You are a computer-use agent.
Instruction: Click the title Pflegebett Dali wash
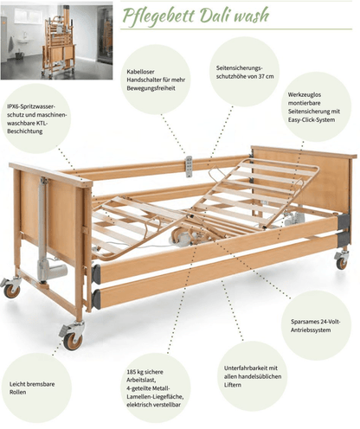[196, 16]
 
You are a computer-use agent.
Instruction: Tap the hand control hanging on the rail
[189, 167]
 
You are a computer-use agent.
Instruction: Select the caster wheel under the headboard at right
[342, 260]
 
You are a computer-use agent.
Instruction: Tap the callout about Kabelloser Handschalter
[156, 80]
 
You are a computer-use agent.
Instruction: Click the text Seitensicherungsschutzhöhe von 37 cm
[245, 72]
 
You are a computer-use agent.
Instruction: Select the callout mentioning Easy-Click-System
[314, 107]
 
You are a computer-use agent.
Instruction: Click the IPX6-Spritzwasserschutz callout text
[36, 118]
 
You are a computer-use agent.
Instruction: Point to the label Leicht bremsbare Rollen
[32, 388]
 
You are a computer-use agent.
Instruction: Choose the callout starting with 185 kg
[155, 388]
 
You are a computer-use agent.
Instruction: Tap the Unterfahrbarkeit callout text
[253, 376]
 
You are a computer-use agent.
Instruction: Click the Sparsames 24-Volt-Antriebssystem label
[315, 326]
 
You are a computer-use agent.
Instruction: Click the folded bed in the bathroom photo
[59, 42]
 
